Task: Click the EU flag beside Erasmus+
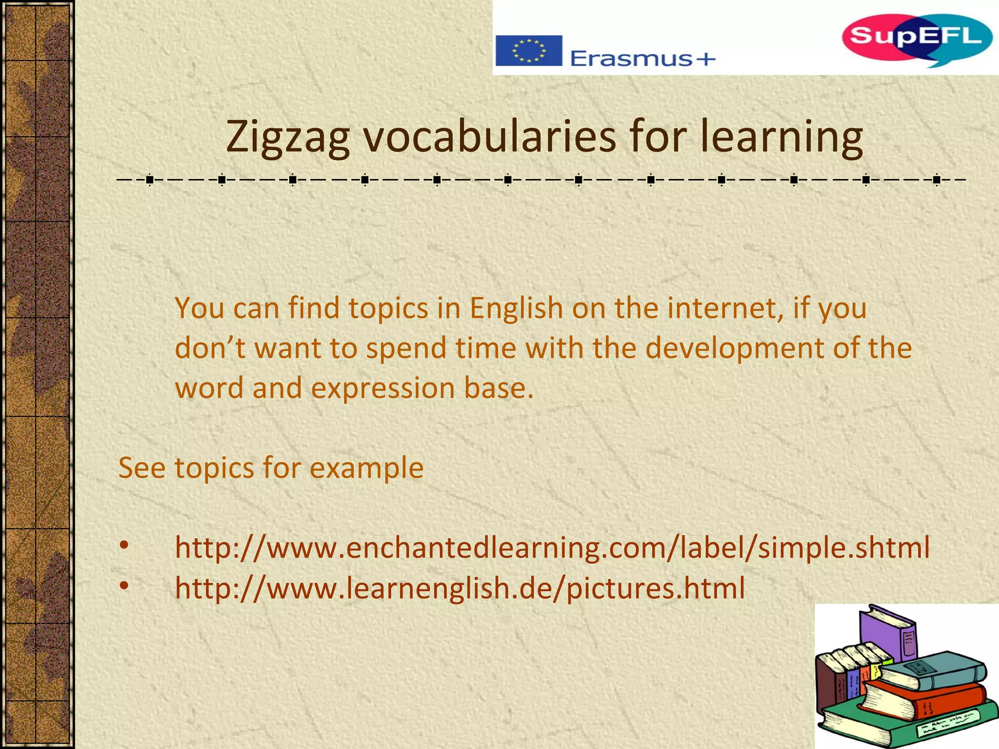529,51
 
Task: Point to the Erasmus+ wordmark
642,59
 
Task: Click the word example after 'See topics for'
366,469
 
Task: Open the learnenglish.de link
460,588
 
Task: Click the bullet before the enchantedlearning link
124,545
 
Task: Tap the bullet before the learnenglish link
124,585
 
